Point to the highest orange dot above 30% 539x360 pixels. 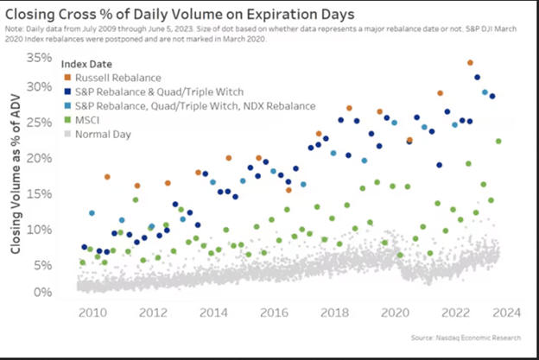pos(470,63)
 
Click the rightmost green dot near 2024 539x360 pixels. pos(498,142)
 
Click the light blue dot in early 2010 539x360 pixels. pos(92,212)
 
